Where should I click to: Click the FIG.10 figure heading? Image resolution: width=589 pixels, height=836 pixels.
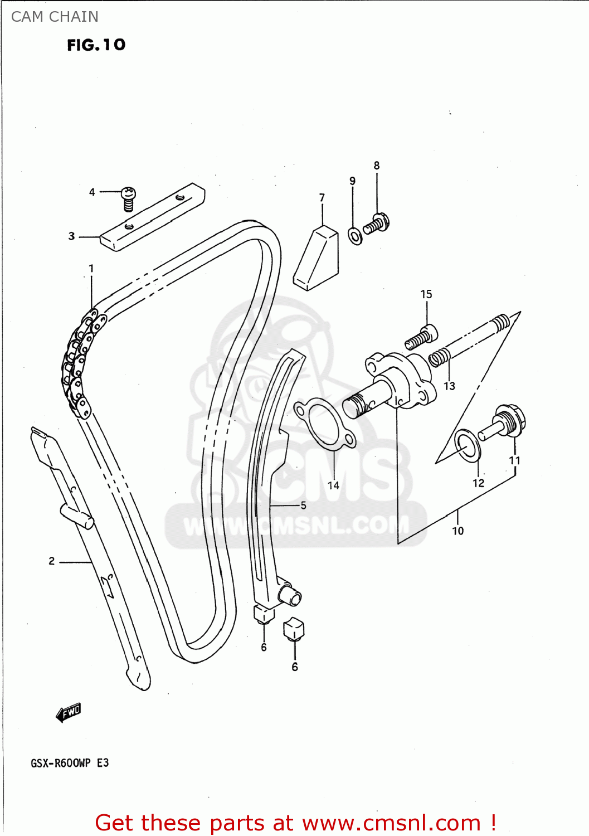[96, 45]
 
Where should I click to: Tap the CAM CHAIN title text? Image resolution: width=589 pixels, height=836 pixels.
[55, 17]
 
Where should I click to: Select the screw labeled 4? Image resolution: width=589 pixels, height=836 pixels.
[129, 199]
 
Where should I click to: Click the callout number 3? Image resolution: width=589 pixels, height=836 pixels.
[71, 236]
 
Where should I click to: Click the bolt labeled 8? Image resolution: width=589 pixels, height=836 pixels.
[377, 224]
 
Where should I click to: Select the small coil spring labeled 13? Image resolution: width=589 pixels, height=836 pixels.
[439, 357]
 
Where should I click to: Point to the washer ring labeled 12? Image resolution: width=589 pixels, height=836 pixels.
[467, 445]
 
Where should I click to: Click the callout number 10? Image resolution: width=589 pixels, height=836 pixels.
[457, 531]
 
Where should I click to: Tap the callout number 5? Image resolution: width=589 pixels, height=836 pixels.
[303, 506]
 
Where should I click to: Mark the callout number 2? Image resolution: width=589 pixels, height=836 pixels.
[51, 561]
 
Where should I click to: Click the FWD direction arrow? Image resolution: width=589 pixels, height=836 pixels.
[69, 713]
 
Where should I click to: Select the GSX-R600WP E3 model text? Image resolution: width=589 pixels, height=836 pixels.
[70, 763]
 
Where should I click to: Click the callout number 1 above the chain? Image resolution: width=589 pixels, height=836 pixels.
[91, 269]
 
